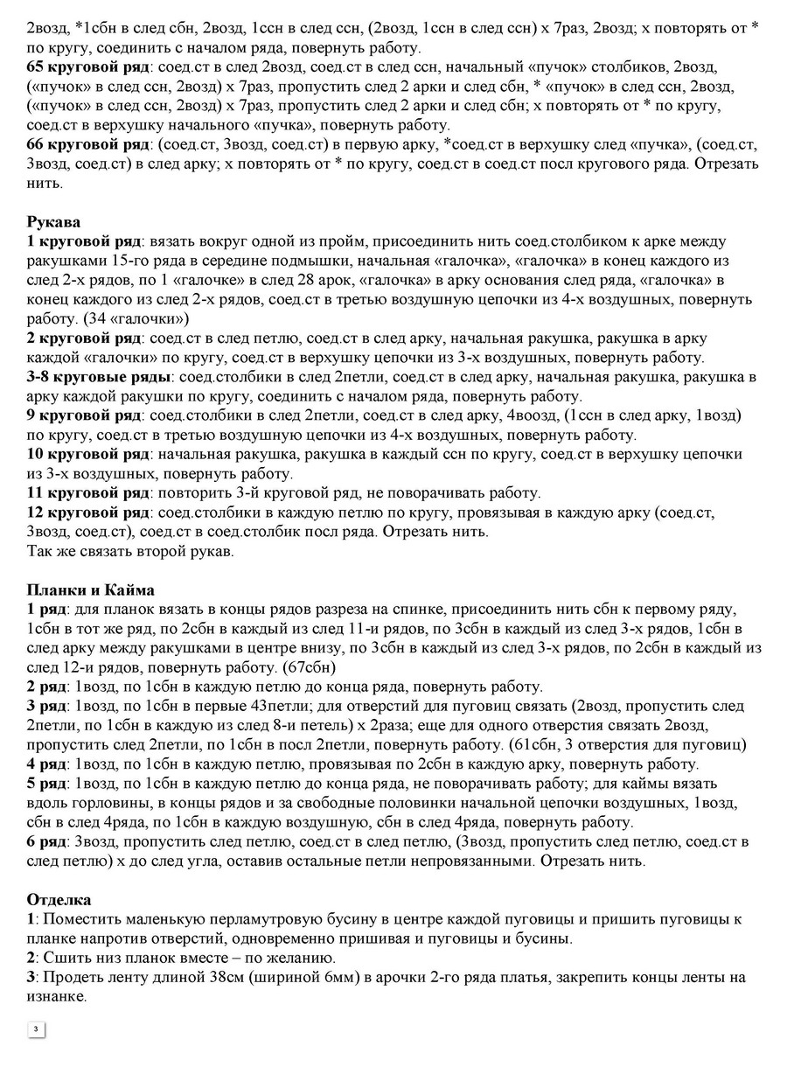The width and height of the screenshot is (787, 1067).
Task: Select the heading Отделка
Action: click(x=59, y=899)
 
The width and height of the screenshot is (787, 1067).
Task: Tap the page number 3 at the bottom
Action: click(x=36, y=1029)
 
